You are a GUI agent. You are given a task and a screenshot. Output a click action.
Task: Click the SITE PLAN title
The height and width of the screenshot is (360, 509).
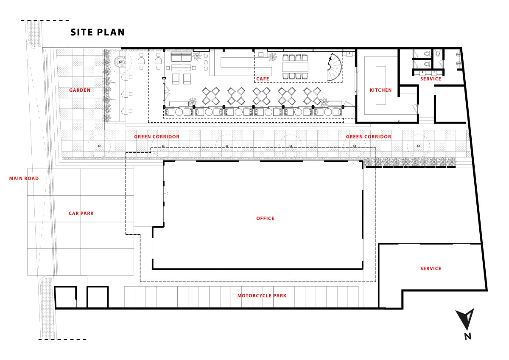pos(98,32)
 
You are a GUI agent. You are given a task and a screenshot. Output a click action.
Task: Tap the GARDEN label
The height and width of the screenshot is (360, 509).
pos(80,90)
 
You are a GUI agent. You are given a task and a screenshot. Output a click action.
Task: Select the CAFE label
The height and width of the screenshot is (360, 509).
pos(263,79)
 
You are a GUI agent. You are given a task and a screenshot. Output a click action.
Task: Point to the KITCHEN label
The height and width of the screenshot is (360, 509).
pos(380,90)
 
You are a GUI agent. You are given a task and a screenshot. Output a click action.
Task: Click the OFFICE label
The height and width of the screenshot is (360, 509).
pos(265,218)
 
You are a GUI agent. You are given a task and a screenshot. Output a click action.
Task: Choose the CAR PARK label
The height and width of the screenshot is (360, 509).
pos(81,213)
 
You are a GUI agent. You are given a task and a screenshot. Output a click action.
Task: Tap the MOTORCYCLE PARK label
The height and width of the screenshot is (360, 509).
pos(262,295)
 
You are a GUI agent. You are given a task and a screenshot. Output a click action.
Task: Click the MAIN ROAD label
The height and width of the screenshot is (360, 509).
pos(24,178)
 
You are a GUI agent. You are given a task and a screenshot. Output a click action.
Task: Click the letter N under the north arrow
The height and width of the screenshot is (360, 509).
pos(467,336)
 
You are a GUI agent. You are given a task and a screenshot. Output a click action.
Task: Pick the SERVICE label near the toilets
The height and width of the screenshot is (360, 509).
pos(431,79)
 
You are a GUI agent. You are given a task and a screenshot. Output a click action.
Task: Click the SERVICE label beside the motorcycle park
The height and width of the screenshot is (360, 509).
pos(431,268)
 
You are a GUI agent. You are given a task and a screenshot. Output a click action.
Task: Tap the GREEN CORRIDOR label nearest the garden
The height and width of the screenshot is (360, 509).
pos(157,137)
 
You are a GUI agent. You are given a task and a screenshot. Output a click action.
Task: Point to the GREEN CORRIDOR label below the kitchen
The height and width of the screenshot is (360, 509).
pos(369,137)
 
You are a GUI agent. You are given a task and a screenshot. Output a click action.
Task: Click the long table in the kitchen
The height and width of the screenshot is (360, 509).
pos(381,85)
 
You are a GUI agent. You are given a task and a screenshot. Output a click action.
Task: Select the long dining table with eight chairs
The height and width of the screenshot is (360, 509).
pos(295,67)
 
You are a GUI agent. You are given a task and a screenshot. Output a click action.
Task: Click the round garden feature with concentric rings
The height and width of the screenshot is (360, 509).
pos(120,62)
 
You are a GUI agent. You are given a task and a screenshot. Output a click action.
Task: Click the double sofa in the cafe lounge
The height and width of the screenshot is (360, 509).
pos(181,56)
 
